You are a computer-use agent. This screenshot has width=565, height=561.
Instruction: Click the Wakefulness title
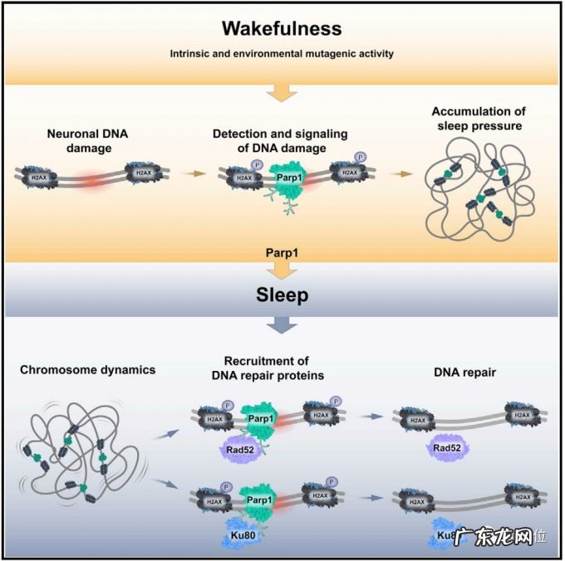pos(282,28)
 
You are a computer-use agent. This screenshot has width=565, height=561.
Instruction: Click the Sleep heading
pos(281,296)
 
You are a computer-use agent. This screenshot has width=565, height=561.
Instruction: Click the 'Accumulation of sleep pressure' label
pos(472,120)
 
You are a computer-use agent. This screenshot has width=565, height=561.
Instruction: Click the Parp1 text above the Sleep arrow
pos(281,250)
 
